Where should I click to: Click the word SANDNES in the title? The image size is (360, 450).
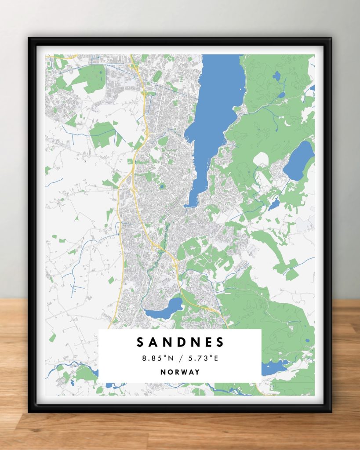(x=180, y=342)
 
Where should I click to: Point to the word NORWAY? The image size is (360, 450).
(x=180, y=372)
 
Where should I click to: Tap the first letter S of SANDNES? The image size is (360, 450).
(x=140, y=342)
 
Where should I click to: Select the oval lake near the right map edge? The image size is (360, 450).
(x=299, y=160)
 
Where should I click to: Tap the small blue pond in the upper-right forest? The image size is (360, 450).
(x=276, y=76)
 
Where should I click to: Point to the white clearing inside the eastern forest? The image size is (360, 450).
(x=260, y=159)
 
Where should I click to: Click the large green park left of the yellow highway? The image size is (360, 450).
(x=102, y=134)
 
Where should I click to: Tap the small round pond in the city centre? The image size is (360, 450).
(x=161, y=186)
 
